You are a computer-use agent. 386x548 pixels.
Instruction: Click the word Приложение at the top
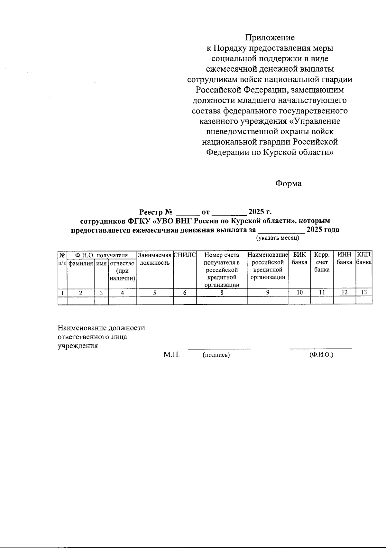coord(270,38)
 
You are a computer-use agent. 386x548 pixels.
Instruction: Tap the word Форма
coord(288,184)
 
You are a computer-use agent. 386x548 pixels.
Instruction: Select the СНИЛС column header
coord(185,255)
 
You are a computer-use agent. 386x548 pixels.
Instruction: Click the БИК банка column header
coord(299,259)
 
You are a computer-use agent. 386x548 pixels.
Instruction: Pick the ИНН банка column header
coord(344,259)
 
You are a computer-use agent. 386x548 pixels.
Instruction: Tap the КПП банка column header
coord(364,259)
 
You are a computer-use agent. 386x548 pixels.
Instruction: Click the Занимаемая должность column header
coord(155,259)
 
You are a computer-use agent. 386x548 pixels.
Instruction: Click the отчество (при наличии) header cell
coord(122,271)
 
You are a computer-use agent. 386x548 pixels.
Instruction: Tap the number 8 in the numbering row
coord(222,293)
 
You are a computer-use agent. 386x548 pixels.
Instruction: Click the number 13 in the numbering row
coord(364,293)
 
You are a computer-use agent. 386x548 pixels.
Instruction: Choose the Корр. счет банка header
coord(322,262)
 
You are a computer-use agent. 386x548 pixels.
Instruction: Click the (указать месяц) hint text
coord(278,238)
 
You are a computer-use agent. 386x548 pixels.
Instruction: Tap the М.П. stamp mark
coord(171,355)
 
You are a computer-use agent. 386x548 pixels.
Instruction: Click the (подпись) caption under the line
coord(216,355)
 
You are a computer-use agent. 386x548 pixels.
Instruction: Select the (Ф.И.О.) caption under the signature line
coord(321,355)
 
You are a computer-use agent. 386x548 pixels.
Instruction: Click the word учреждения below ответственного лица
coord(78,346)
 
